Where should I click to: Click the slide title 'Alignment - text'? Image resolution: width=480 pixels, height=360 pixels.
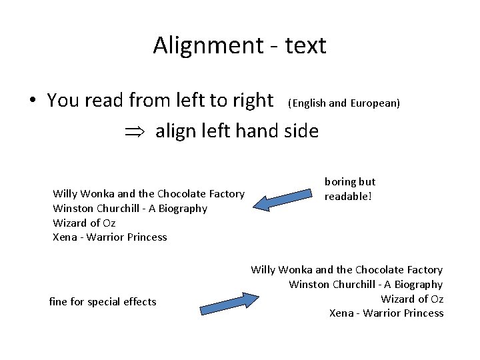tap(239, 45)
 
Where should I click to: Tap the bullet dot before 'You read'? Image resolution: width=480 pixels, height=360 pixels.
tap(32, 101)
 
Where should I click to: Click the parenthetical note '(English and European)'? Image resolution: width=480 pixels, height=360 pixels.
tap(343, 103)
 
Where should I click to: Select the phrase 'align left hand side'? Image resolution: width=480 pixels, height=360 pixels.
tap(237, 131)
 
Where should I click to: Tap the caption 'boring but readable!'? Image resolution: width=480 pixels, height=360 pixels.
tap(350, 189)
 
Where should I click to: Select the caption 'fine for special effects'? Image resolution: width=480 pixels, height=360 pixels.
tap(103, 302)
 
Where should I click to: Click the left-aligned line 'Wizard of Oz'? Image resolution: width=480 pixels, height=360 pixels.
tap(84, 223)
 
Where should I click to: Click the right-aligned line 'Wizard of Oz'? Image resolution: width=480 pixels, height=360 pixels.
tap(412, 299)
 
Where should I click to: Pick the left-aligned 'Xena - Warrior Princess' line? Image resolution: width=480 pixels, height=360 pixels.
tap(110, 237)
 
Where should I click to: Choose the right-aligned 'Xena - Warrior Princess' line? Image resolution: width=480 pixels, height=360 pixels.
tap(386, 313)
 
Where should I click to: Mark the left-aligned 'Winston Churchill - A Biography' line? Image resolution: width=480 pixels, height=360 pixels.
tap(130, 208)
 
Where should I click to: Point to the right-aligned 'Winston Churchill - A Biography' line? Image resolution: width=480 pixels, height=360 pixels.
tap(366, 284)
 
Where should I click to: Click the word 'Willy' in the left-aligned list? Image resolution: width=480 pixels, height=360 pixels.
tap(65, 193)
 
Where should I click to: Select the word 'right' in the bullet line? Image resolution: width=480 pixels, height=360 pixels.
tap(252, 101)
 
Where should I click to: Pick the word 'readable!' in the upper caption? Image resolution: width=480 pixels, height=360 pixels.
tap(348, 196)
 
